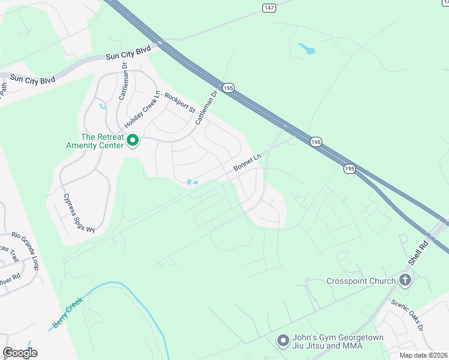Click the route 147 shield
(268, 7)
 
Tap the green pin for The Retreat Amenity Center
(133, 142)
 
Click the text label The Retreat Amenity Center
(103, 141)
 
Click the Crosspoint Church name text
(361, 281)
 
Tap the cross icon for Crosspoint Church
(406, 280)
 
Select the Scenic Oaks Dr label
(408, 316)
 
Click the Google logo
(20, 352)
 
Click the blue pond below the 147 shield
(306, 48)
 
